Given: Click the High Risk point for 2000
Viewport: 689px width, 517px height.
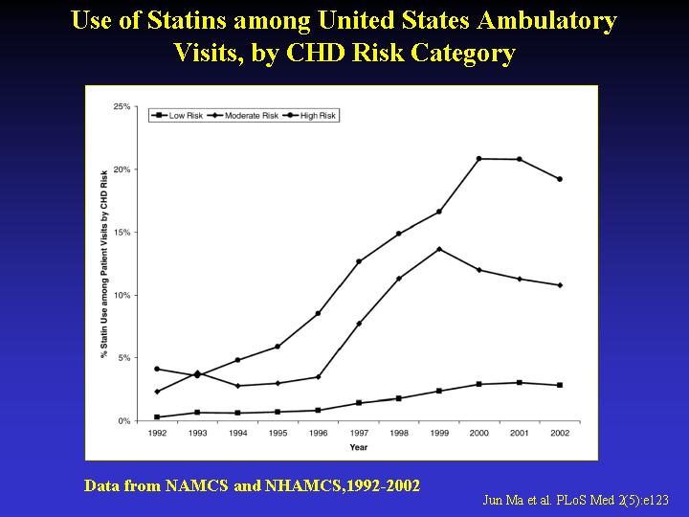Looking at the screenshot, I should click(478, 159).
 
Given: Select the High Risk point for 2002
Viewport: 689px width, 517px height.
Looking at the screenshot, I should click(560, 179).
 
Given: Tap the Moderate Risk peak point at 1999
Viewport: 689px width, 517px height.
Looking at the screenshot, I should click(438, 249).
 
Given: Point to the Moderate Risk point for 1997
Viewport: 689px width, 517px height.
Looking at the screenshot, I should click(359, 324).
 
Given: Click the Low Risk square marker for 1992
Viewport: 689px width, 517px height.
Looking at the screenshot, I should click(156, 416).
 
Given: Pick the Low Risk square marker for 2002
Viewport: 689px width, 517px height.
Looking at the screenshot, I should click(560, 385).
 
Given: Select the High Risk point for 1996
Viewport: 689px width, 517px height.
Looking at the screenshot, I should click(318, 313).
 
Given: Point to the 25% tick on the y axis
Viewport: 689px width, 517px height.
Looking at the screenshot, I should click(122, 106).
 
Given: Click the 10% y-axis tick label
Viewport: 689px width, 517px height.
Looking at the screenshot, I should click(122, 295).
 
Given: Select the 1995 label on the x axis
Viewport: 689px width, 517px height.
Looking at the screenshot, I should click(278, 434).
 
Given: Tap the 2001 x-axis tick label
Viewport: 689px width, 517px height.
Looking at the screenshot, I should click(520, 434).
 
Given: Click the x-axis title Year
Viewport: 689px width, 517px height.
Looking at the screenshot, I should click(358, 447).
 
